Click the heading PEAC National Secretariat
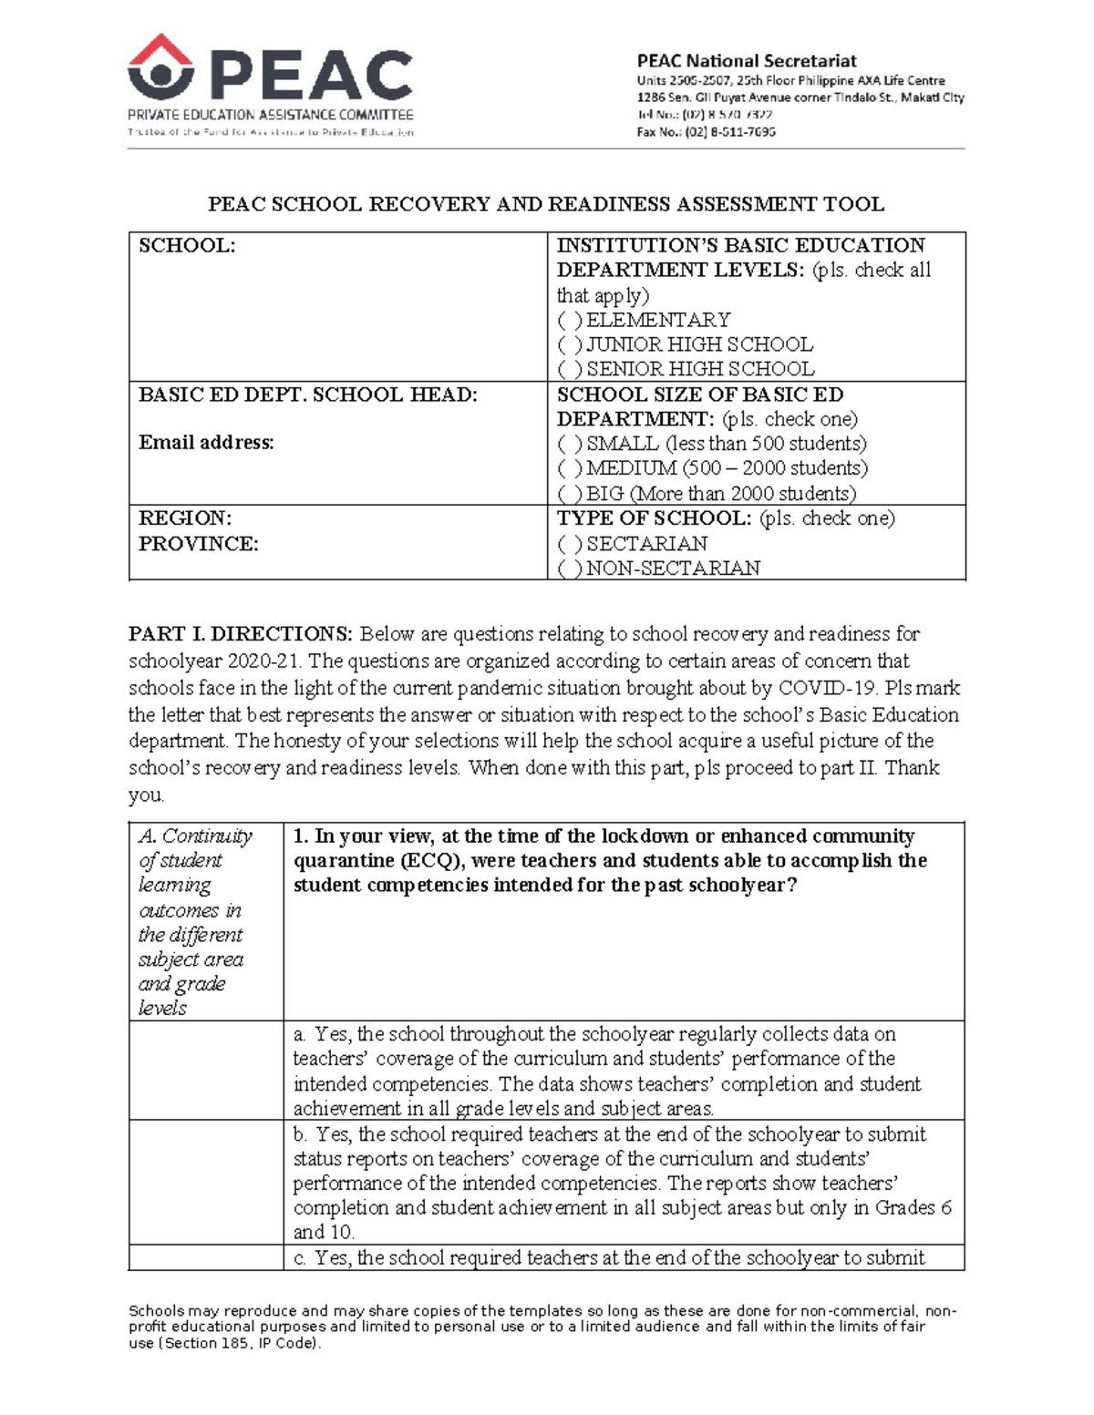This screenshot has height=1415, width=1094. (x=746, y=61)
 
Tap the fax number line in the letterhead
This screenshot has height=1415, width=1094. (x=706, y=131)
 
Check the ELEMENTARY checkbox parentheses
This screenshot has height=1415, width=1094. (x=570, y=320)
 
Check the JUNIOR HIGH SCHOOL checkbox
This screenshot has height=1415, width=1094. (x=570, y=344)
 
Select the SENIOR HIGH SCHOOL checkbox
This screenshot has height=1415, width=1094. (x=570, y=369)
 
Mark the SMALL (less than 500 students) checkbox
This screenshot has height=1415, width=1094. (x=570, y=444)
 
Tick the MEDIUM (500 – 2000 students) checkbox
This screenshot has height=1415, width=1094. (x=570, y=468)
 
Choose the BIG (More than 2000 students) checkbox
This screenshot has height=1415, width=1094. (x=570, y=494)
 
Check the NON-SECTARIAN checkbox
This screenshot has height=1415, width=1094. (x=570, y=569)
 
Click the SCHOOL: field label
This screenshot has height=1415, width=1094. (x=187, y=246)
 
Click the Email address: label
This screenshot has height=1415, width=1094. (x=206, y=443)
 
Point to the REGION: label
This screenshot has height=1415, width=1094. (x=185, y=518)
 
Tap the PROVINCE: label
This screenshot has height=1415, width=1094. (x=199, y=544)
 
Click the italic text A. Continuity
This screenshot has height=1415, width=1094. (x=195, y=836)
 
